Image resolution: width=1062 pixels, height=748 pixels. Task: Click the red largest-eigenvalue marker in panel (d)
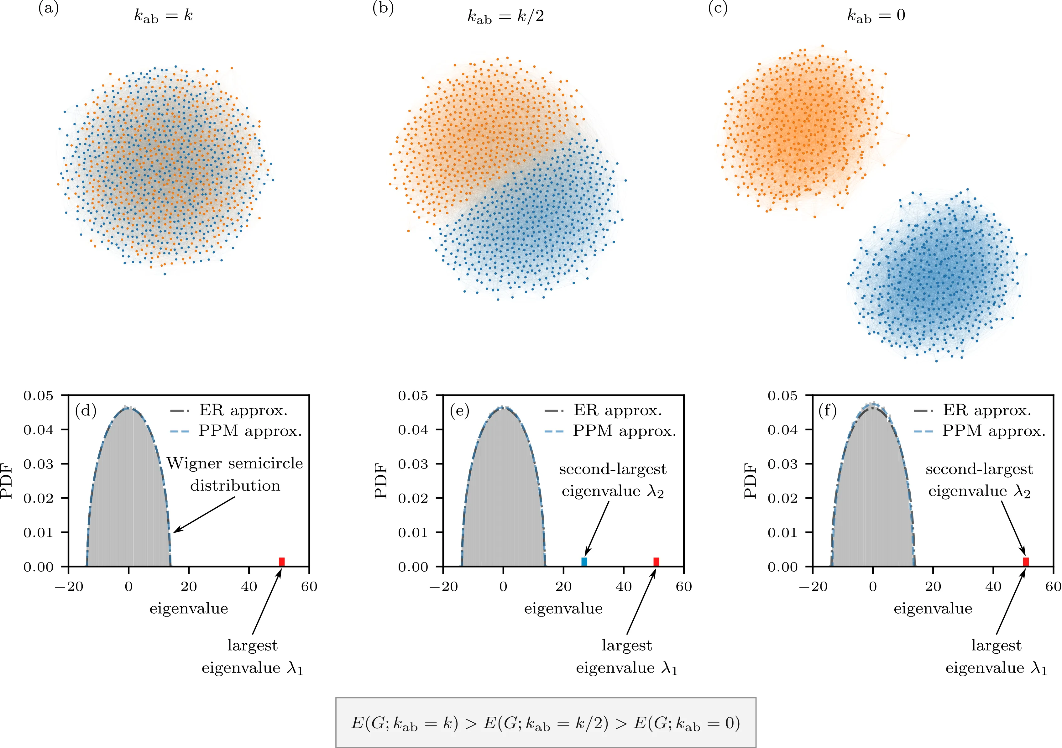(x=282, y=562)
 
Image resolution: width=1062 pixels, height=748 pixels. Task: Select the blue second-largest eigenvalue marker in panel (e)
(x=584, y=562)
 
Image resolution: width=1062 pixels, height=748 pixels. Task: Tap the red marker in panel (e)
(x=656, y=562)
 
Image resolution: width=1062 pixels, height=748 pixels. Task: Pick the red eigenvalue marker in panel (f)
(x=1025, y=562)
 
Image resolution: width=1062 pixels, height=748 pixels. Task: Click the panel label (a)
(x=49, y=9)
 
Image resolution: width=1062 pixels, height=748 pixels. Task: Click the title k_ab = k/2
(x=505, y=17)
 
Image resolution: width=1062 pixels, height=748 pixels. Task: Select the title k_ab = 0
(x=876, y=16)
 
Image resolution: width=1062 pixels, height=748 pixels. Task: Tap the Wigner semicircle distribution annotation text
(x=235, y=474)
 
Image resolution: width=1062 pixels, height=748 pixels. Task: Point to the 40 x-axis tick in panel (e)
(x=624, y=587)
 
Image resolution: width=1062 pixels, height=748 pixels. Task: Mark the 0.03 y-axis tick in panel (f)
(x=782, y=464)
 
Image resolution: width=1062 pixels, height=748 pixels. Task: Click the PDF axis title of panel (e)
(x=381, y=481)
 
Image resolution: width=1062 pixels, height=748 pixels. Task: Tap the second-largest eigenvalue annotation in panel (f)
(x=979, y=480)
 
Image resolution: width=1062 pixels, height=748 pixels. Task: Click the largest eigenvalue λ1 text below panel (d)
(x=253, y=656)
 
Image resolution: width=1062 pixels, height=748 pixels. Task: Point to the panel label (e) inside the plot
(x=459, y=411)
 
